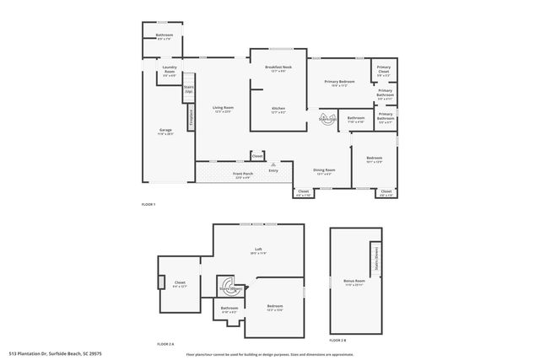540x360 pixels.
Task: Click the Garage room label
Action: point(165,132)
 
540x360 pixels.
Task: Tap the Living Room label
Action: point(223,110)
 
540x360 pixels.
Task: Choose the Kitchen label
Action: point(278,109)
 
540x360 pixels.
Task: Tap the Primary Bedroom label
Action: point(340,83)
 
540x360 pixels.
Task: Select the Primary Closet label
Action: point(384,70)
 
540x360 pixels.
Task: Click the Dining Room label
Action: point(324,172)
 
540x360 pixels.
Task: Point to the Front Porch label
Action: point(243,175)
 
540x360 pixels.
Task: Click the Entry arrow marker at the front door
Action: point(273,164)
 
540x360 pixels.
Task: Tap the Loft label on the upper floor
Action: point(258,250)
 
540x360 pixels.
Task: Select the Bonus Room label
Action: point(354,282)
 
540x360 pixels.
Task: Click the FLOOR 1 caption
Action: point(148,205)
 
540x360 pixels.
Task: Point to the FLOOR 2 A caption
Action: point(165,344)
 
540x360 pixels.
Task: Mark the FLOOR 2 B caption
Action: point(337,340)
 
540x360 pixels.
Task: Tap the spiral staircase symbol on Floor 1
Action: point(326,118)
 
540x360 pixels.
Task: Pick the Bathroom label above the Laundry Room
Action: point(164,36)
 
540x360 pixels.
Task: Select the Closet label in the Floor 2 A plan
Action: point(180,284)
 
